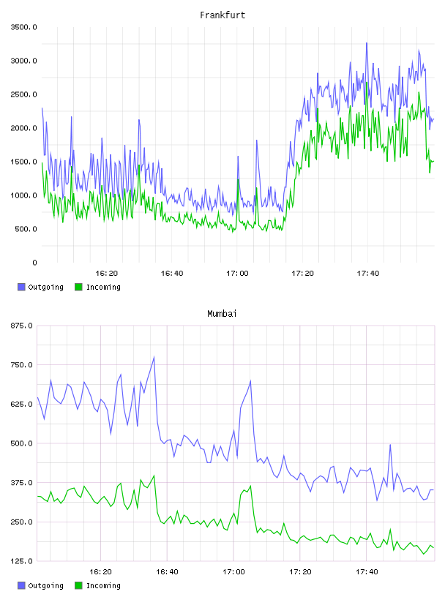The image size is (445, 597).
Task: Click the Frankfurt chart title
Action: tap(222, 15)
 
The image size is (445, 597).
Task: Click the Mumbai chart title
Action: tap(222, 313)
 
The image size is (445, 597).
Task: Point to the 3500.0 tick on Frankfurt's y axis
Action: tap(24, 27)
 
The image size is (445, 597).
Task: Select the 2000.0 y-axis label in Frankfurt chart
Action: tap(24, 128)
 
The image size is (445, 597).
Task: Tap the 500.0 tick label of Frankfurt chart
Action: tap(26, 229)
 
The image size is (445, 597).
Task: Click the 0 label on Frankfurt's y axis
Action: tap(34, 263)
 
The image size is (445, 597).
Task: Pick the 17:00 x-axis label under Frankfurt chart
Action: tap(237, 273)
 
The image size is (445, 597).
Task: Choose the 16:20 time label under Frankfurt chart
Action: tap(106, 273)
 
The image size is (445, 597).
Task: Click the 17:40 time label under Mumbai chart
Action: tap(367, 571)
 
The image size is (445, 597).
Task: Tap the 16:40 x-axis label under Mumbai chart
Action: tap(167, 571)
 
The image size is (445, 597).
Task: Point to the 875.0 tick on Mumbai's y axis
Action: tap(22, 326)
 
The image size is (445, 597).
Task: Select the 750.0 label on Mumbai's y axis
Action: tap(22, 365)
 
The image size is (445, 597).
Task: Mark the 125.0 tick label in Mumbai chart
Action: tap(22, 561)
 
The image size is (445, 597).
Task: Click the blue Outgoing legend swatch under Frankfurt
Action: tap(21, 287)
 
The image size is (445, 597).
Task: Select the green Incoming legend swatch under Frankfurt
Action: tap(78, 287)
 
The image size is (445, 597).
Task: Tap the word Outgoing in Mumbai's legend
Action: tap(45, 585)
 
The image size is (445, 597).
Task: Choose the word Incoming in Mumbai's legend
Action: tap(103, 585)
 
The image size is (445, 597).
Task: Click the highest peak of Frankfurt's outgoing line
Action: tap(367, 43)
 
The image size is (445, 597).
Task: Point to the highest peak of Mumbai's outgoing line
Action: tap(154, 357)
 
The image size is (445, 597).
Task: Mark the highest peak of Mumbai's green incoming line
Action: tap(154, 476)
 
